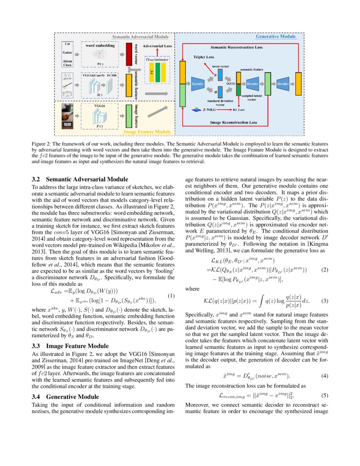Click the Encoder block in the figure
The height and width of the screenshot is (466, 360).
click(198, 84)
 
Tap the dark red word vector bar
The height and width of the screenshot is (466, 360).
click(129, 54)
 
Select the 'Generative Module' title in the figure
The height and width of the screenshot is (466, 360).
click(276, 37)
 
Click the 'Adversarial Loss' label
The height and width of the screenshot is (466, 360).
click(157, 45)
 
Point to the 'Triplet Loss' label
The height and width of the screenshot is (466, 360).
click(204, 57)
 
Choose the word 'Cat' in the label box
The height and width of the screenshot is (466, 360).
click(67, 44)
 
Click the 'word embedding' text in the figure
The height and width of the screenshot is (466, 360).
click(100, 45)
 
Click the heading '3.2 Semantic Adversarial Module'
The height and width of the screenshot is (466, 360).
click(80, 180)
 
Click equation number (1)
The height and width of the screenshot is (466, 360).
click(171, 296)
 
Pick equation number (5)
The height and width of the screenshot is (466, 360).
click(324, 396)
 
